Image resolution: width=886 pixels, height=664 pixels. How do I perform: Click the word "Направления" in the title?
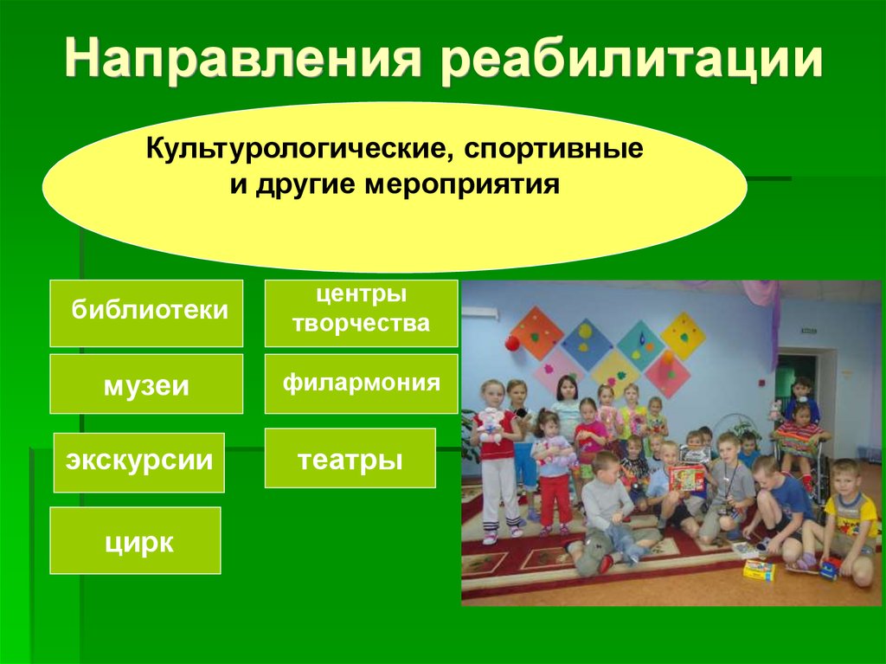[243, 58]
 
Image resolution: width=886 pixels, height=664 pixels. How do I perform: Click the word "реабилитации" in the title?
[631, 59]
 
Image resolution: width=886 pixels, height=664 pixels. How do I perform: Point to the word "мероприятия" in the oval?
[462, 186]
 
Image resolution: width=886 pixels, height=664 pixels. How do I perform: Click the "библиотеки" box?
[146, 313]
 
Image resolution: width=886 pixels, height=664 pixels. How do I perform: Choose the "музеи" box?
[146, 384]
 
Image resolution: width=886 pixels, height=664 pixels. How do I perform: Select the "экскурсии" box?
[139, 462]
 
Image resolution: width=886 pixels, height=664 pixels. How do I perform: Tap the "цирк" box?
[135, 541]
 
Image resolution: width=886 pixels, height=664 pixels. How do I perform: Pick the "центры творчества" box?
[361, 313]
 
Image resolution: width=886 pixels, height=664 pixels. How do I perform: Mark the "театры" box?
[350, 458]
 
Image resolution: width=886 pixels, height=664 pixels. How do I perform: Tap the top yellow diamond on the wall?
[684, 336]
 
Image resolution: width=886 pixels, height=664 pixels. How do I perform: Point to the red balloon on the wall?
[512, 344]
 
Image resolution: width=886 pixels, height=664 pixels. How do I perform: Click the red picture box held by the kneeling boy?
[686, 478]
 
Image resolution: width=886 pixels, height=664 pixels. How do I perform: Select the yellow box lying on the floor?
[758, 570]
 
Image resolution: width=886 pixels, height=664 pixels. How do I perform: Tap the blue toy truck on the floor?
[830, 569]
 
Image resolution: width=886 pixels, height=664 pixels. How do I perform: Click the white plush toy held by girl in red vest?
[491, 425]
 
